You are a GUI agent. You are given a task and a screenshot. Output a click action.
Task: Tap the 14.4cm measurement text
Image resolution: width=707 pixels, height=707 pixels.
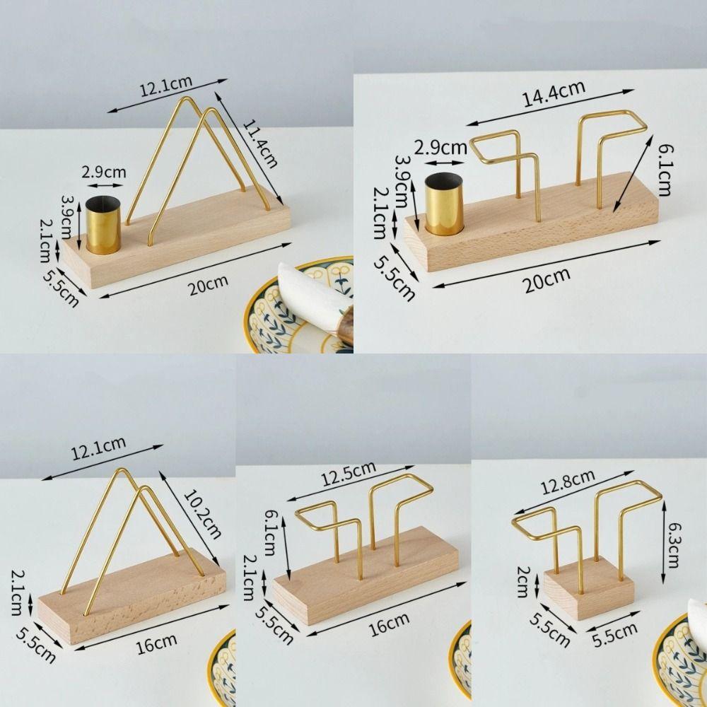pos(554,94)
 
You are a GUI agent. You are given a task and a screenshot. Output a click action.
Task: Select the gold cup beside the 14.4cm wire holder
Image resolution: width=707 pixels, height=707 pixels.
pos(445,206)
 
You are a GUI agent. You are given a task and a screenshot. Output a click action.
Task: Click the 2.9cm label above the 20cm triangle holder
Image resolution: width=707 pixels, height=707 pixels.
pos(103,172)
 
